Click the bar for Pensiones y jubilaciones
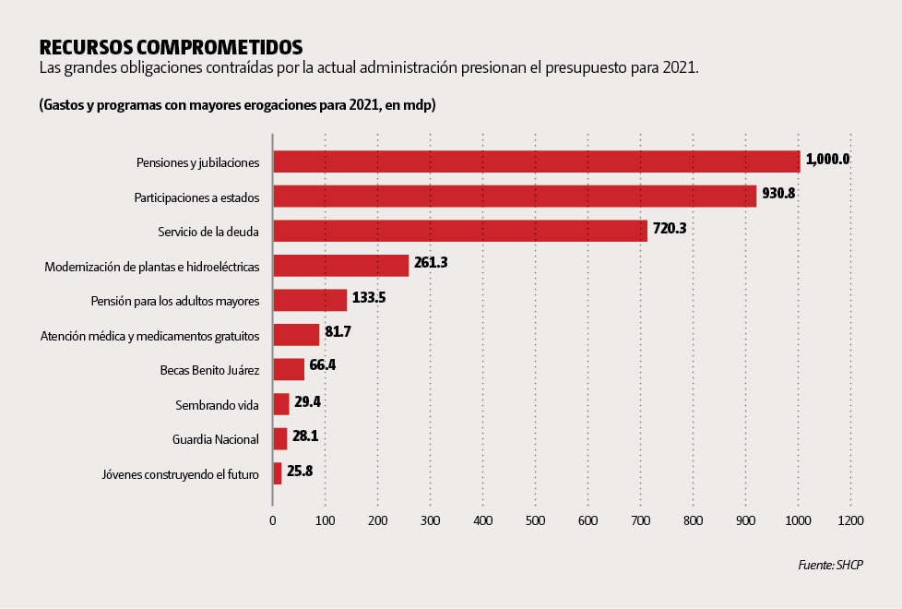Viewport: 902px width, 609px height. tap(537, 161)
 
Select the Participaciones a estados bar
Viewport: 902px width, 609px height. tap(515, 196)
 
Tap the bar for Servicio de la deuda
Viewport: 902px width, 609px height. tap(460, 231)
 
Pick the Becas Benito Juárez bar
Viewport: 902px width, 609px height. tap(289, 369)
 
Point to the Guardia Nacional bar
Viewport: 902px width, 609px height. tap(280, 438)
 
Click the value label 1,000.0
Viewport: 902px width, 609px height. tap(827, 159)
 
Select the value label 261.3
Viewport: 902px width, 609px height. tap(431, 263)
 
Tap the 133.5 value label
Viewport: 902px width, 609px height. tap(369, 297)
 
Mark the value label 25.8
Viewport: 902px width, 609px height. tap(300, 471)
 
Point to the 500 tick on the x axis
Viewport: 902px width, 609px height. tap(535, 520)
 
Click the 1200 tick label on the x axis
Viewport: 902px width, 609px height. tap(850, 520)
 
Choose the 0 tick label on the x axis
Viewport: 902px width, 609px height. tap(272, 520)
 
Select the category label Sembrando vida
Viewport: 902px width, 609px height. tap(217, 405)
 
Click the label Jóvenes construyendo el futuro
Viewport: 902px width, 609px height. tap(180, 475)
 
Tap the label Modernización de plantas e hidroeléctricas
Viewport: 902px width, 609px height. tap(152, 267)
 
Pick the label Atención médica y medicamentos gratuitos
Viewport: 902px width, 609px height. tap(150, 336)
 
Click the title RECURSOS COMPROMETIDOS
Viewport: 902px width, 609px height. tap(171, 46)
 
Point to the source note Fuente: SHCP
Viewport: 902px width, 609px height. tap(831, 565)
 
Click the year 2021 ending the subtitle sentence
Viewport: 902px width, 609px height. tap(680, 69)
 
